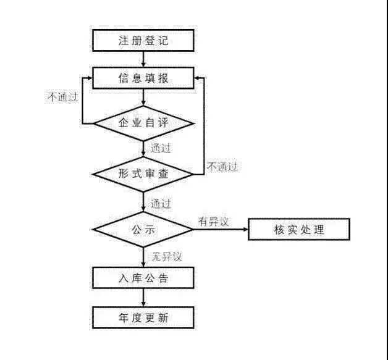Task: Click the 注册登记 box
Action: coord(143,41)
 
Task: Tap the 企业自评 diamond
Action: coord(143,123)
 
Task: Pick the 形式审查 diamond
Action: coord(143,174)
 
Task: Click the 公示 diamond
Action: coord(143,230)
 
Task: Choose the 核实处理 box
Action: coord(299,230)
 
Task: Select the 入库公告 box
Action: coord(143,278)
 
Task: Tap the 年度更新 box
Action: coord(143,318)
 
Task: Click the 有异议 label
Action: coord(213,220)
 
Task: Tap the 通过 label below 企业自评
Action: coord(161,148)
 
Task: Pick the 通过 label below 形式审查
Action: coord(161,203)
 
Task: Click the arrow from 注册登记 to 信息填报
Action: coord(143,59)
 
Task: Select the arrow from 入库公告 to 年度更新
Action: coord(143,298)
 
